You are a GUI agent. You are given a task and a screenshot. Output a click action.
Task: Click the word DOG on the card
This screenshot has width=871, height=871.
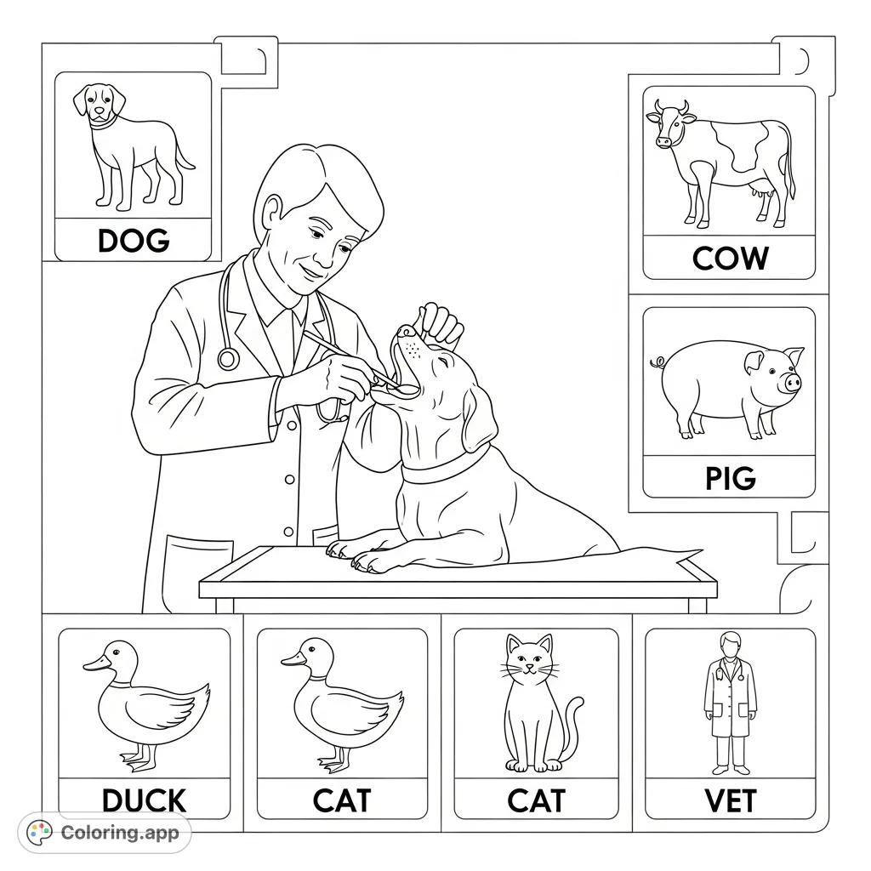pyautogui.click(x=134, y=241)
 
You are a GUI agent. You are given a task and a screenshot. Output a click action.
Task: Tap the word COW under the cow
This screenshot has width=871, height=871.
pyautogui.click(x=730, y=258)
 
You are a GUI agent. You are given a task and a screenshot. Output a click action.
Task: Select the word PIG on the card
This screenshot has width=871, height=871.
pyautogui.click(x=730, y=478)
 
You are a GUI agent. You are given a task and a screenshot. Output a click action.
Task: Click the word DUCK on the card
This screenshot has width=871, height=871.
pyautogui.click(x=144, y=800)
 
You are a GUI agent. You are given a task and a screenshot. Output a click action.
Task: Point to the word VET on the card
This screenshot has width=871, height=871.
pyautogui.click(x=730, y=800)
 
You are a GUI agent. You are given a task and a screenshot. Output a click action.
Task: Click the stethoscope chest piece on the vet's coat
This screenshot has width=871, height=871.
pyautogui.click(x=228, y=358)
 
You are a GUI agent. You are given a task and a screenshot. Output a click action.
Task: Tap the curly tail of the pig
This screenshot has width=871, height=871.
pyautogui.click(x=657, y=363)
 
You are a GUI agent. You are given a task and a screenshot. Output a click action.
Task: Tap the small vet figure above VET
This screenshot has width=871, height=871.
pyautogui.click(x=730, y=702)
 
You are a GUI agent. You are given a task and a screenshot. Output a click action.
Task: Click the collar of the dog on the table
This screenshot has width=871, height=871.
pyautogui.click(x=447, y=470)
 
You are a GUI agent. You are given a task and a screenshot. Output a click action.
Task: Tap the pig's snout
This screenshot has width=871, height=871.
pyautogui.click(x=793, y=383)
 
